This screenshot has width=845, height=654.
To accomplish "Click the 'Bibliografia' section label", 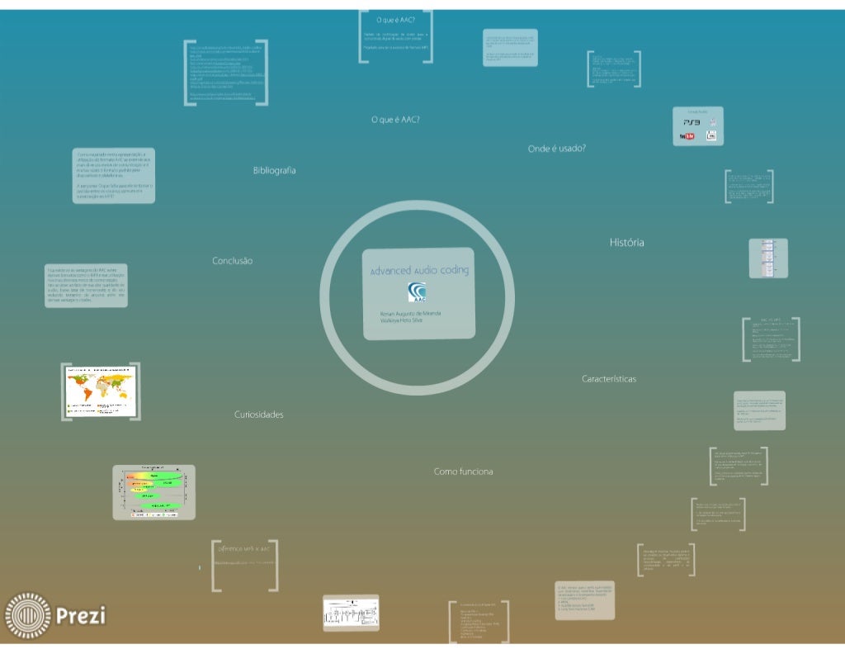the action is point(274,170).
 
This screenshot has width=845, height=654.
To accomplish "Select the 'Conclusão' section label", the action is point(233,261).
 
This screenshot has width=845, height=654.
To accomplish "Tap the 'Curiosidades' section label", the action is point(258,415).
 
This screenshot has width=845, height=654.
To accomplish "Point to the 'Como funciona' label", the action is point(464,472).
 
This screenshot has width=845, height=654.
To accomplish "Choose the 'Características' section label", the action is point(609,379).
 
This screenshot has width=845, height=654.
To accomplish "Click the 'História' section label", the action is point(627,243).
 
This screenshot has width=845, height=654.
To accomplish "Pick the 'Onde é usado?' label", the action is point(557,149).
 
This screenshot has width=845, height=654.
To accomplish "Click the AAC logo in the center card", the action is point(418,293).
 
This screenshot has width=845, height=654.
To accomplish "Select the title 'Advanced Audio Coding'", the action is point(419,271).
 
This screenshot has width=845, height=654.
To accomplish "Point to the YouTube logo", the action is point(687,136).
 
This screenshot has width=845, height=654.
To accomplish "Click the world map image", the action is point(100,390).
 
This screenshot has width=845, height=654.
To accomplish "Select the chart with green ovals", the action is point(153,491).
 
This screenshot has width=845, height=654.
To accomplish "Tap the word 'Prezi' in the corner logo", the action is point(81,615).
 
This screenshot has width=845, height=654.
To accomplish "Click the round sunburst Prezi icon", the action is point(28,615).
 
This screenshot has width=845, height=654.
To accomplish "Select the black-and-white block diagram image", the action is point(350,614).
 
